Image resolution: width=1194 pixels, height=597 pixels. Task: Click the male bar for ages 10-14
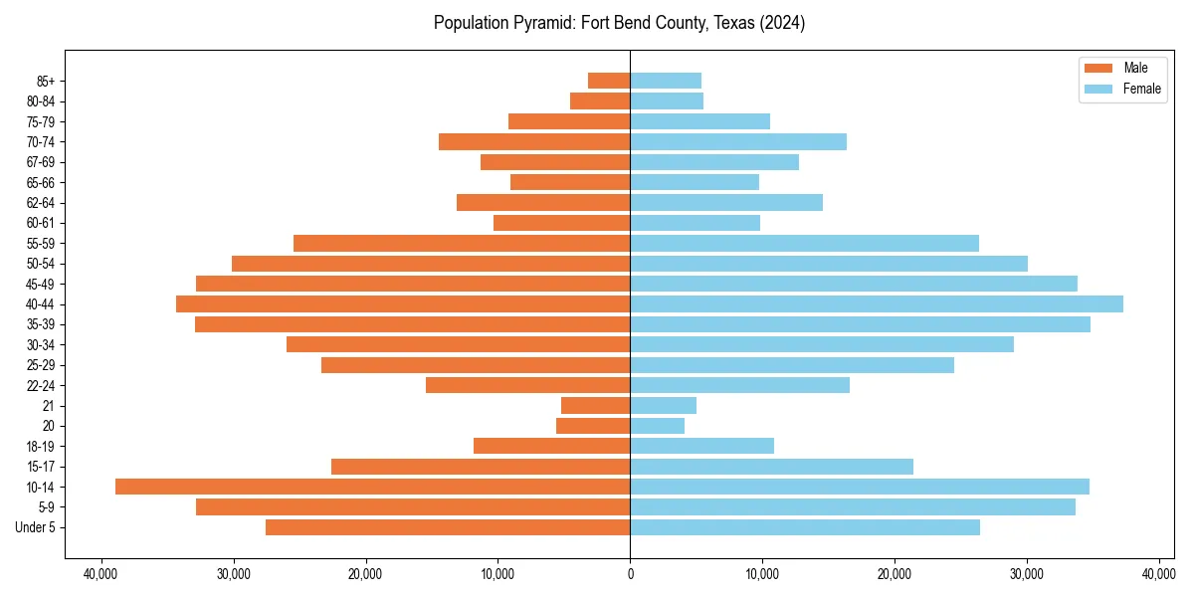point(372,487)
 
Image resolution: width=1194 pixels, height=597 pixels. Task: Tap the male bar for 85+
point(609,81)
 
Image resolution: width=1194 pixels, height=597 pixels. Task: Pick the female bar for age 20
point(657,426)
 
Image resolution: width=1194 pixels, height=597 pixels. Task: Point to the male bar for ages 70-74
point(534,141)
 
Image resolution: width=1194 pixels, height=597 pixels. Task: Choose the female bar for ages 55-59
point(804,243)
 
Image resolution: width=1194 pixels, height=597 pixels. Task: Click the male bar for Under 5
point(448,527)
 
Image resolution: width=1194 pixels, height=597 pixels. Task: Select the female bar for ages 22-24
point(739,385)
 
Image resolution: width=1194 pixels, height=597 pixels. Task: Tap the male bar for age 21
point(595,405)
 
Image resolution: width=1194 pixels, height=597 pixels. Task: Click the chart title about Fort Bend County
point(619,23)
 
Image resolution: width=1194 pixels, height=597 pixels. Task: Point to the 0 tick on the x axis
point(630,574)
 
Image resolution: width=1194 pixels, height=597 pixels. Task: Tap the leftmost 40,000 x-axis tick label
point(101,574)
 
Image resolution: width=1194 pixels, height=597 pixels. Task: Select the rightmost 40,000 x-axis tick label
point(1158,574)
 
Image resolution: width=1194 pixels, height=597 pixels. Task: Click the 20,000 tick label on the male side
point(365,574)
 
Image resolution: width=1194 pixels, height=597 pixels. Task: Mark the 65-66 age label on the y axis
point(41,182)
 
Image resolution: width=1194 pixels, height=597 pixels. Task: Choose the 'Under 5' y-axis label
point(36,527)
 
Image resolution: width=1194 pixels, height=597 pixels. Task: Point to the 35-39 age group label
point(41,324)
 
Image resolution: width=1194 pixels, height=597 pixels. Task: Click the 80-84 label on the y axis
point(41,101)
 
